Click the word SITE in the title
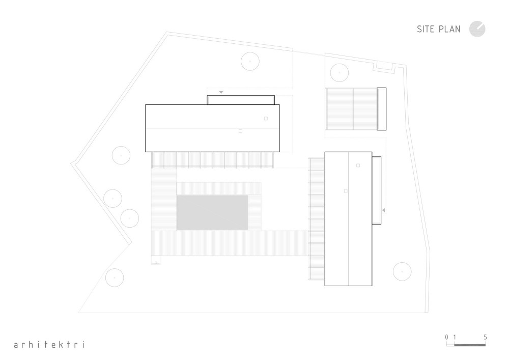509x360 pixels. point(425,29)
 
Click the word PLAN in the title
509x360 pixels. point(449,29)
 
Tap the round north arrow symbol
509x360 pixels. point(477,29)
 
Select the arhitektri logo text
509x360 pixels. point(49,344)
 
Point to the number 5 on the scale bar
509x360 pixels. point(485,337)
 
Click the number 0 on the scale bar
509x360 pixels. point(447,337)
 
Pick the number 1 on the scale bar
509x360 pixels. point(455,337)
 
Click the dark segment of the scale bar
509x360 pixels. point(470,345)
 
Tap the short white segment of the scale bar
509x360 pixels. point(450,345)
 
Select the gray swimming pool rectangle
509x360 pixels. point(213,213)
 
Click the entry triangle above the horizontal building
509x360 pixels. point(221,93)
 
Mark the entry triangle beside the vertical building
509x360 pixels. point(383,210)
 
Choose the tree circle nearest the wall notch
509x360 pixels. point(339,72)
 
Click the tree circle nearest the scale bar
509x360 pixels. point(402,271)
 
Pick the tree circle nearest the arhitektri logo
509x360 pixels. point(115,278)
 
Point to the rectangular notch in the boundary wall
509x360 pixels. point(384,67)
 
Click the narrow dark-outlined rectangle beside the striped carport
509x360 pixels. point(381,109)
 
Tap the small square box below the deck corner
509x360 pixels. point(156,260)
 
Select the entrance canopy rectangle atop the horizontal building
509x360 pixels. point(241,100)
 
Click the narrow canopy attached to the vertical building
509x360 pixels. point(377,190)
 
